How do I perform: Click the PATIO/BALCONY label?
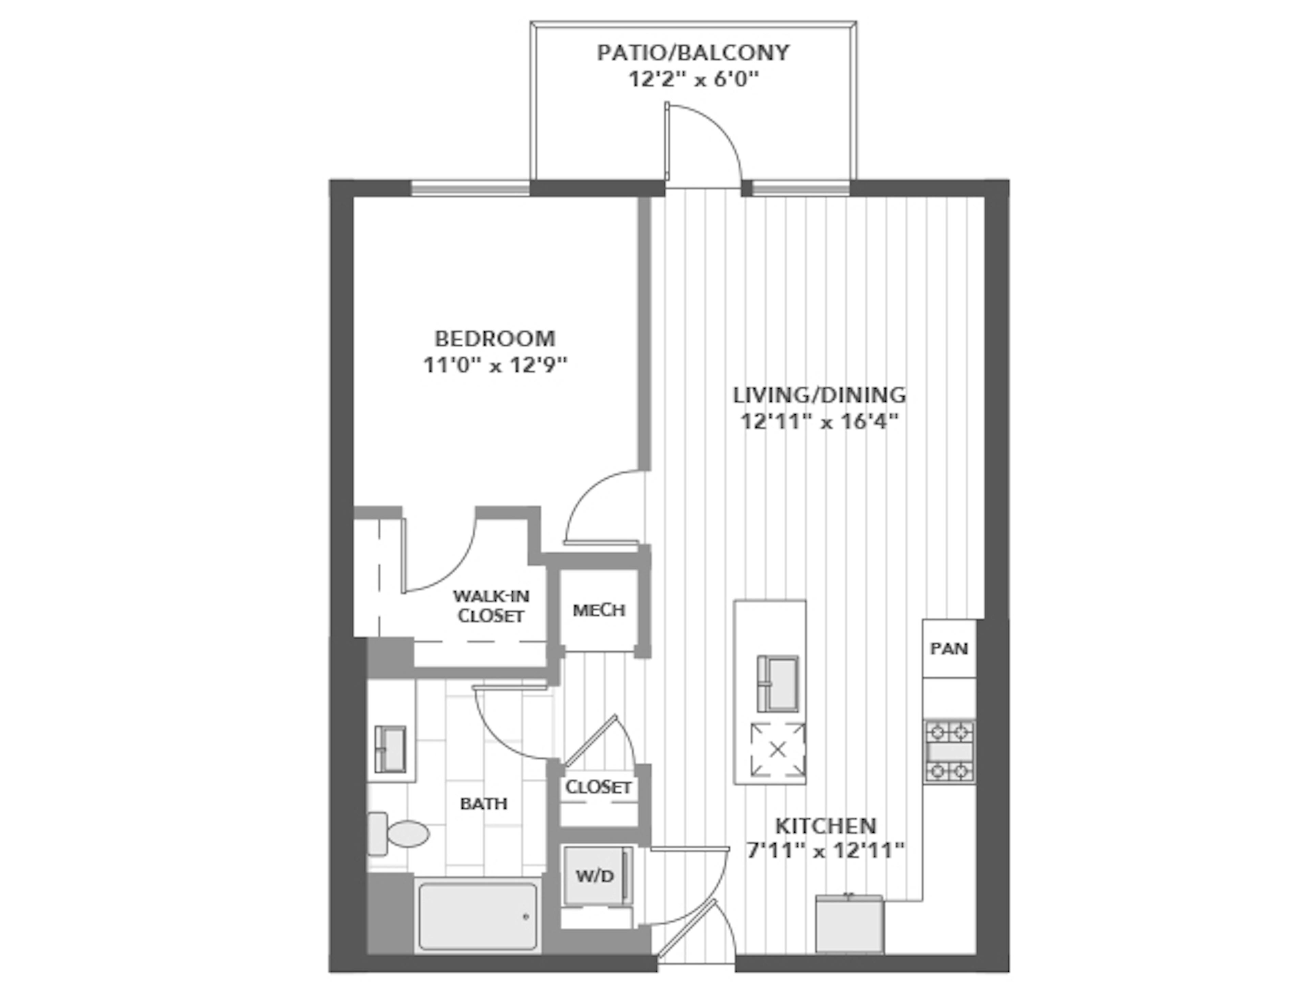pos(693,53)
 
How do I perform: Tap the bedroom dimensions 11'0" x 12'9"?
pos(495,365)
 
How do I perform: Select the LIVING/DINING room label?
pos(820,395)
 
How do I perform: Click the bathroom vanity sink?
pos(390,749)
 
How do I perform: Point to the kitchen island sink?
pos(778,684)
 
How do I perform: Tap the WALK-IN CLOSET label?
pos(491,605)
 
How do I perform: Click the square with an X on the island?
pos(778,750)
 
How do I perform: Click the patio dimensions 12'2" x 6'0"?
pos(693,79)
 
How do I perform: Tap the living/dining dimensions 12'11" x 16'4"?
pos(820,421)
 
